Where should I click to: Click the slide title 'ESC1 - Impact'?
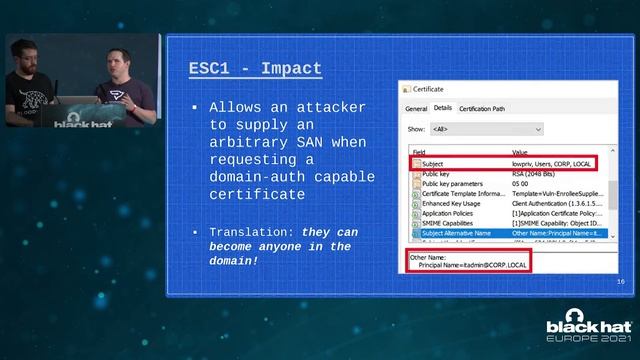pos(255,69)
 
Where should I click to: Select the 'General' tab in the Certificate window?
pos(416,108)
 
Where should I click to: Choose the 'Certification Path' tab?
pos(482,108)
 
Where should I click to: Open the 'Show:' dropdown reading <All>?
pos(486,129)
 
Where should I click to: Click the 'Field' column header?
pos(419,153)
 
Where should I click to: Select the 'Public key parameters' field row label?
pos(452,184)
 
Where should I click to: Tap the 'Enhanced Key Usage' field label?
pos(449,204)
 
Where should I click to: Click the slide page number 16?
pos(620,283)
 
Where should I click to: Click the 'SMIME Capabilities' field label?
pos(447,223)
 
